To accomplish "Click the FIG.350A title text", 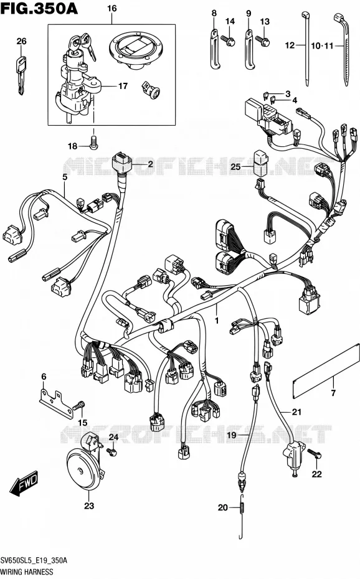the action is (39, 8).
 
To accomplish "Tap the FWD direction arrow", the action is (24, 483).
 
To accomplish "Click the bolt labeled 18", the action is (94, 142).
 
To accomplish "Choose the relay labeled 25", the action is (261, 162).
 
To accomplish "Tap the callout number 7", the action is (333, 393).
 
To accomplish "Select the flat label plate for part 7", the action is (326, 371).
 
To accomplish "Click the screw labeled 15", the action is (79, 405).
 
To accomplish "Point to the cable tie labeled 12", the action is (306, 48).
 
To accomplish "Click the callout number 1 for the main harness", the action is (217, 321).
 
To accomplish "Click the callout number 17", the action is (123, 86).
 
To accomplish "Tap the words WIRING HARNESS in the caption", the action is (27, 572).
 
